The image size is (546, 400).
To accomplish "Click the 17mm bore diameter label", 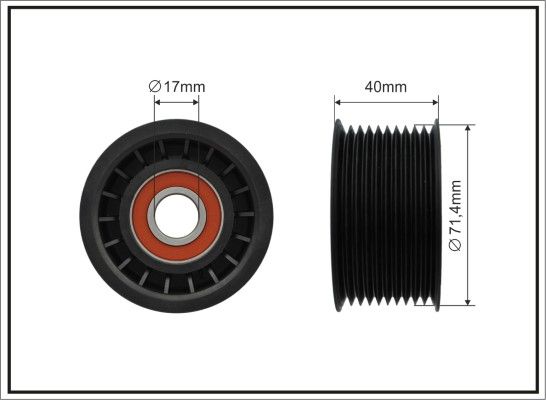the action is point(177,87).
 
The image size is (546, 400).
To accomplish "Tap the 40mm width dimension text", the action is point(386,87).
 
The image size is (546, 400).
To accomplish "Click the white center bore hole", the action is point(177,216).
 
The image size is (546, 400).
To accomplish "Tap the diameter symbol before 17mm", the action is point(155,87).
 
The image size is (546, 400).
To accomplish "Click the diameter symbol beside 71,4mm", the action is point(455,244).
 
